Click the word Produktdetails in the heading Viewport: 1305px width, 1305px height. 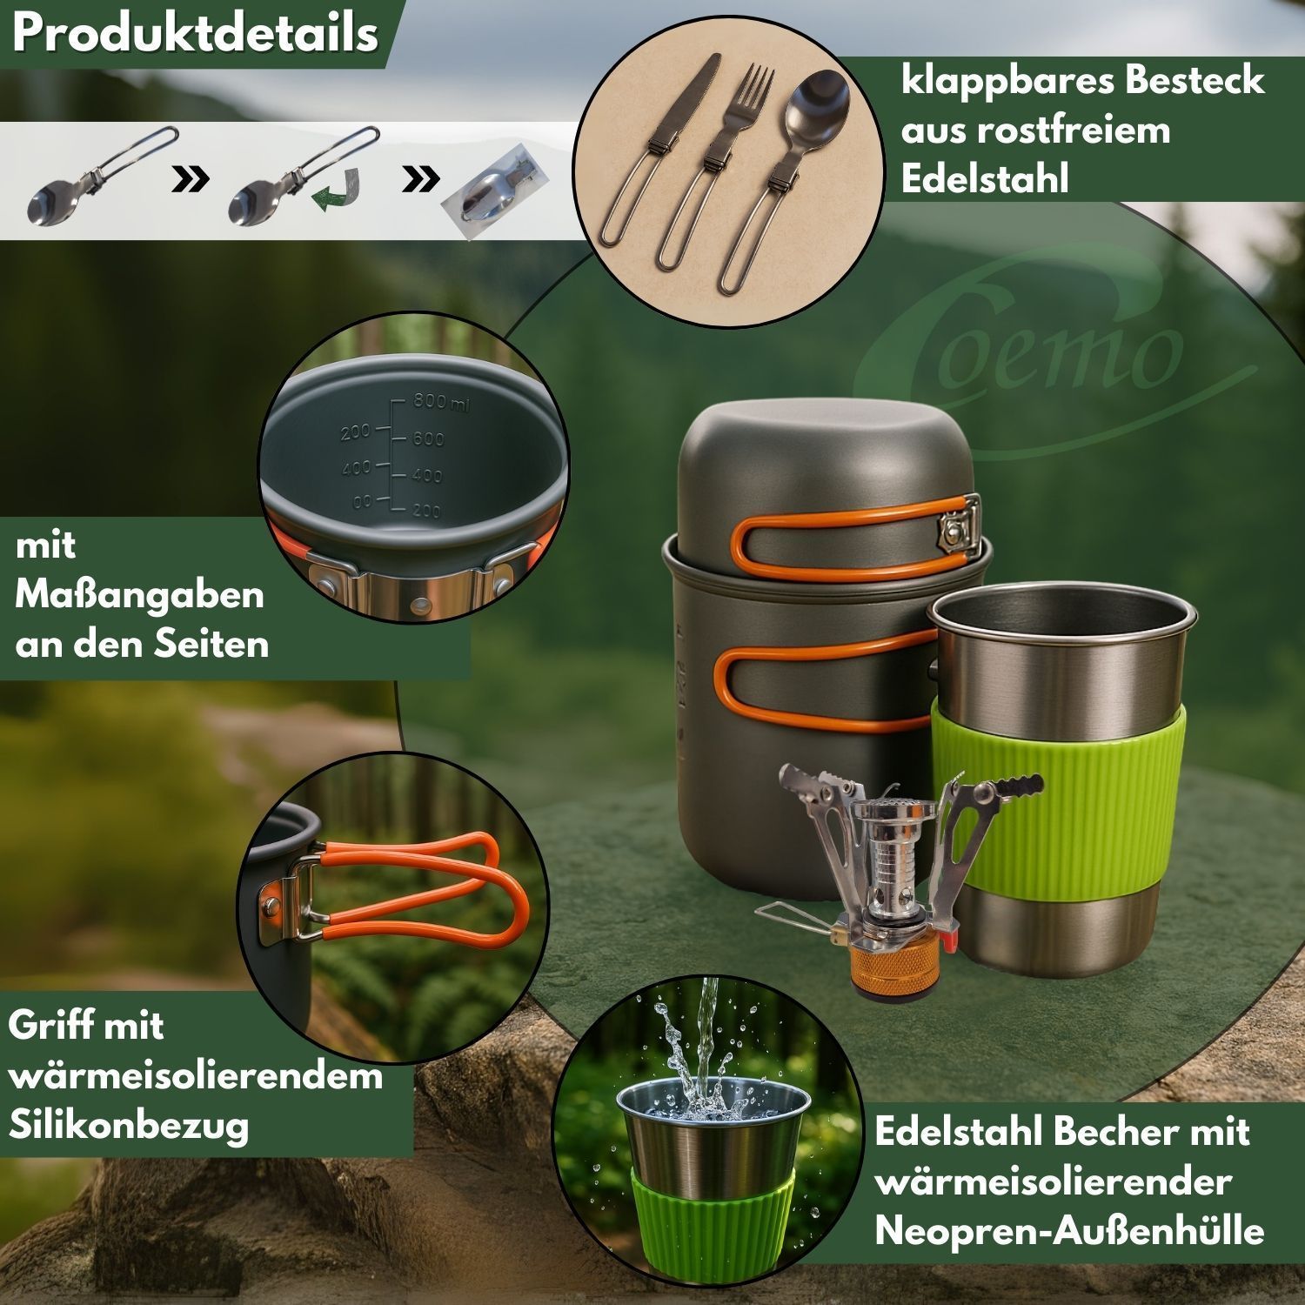(196, 35)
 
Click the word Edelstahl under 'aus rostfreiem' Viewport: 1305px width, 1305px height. (984, 179)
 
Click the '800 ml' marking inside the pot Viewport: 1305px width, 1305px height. (442, 402)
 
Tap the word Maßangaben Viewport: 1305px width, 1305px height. (139, 596)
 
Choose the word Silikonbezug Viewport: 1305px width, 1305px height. (129, 1125)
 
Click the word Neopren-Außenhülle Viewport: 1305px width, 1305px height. (1069, 1231)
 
